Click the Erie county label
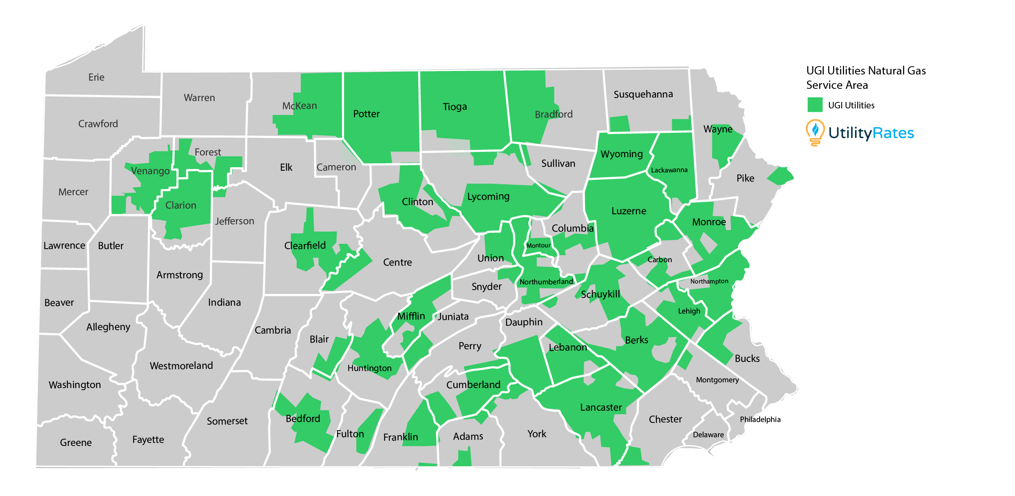pos(96,78)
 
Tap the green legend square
pos(815,105)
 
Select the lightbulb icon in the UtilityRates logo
pos(815,132)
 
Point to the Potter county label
pos(366,114)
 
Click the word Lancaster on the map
pos(601,408)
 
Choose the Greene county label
pos(76,443)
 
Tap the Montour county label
pos(538,246)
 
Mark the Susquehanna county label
pos(643,94)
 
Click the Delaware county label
pos(708,435)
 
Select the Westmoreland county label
pos(181,366)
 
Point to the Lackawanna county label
pos(669,170)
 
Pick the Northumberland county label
pos(546,282)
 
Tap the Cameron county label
pos(336,167)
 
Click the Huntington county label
pos(369,368)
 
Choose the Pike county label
pos(745,178)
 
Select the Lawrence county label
pos(64,246)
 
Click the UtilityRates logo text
pos(871,133)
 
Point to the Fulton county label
pos(350,434)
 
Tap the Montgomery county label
pos(717,380)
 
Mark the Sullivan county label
pos(558,164)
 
